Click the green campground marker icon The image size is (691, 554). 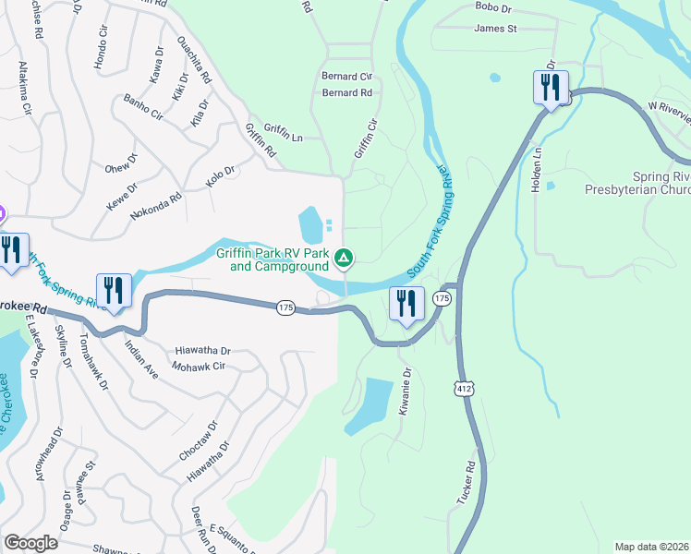[344, 258]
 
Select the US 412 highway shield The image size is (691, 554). [464, 391]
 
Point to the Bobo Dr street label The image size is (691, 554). [492, 7]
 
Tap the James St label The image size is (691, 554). [495, 29]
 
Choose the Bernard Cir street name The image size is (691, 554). [346, 76]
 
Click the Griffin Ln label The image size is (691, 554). [284, 137]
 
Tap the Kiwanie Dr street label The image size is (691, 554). [405, 391]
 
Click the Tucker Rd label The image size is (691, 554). [465, 482]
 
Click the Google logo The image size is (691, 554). [30, 543]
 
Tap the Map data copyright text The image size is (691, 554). [652, 547]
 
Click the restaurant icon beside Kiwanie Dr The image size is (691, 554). [406, 304]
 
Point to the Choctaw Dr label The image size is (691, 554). [198, 442]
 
